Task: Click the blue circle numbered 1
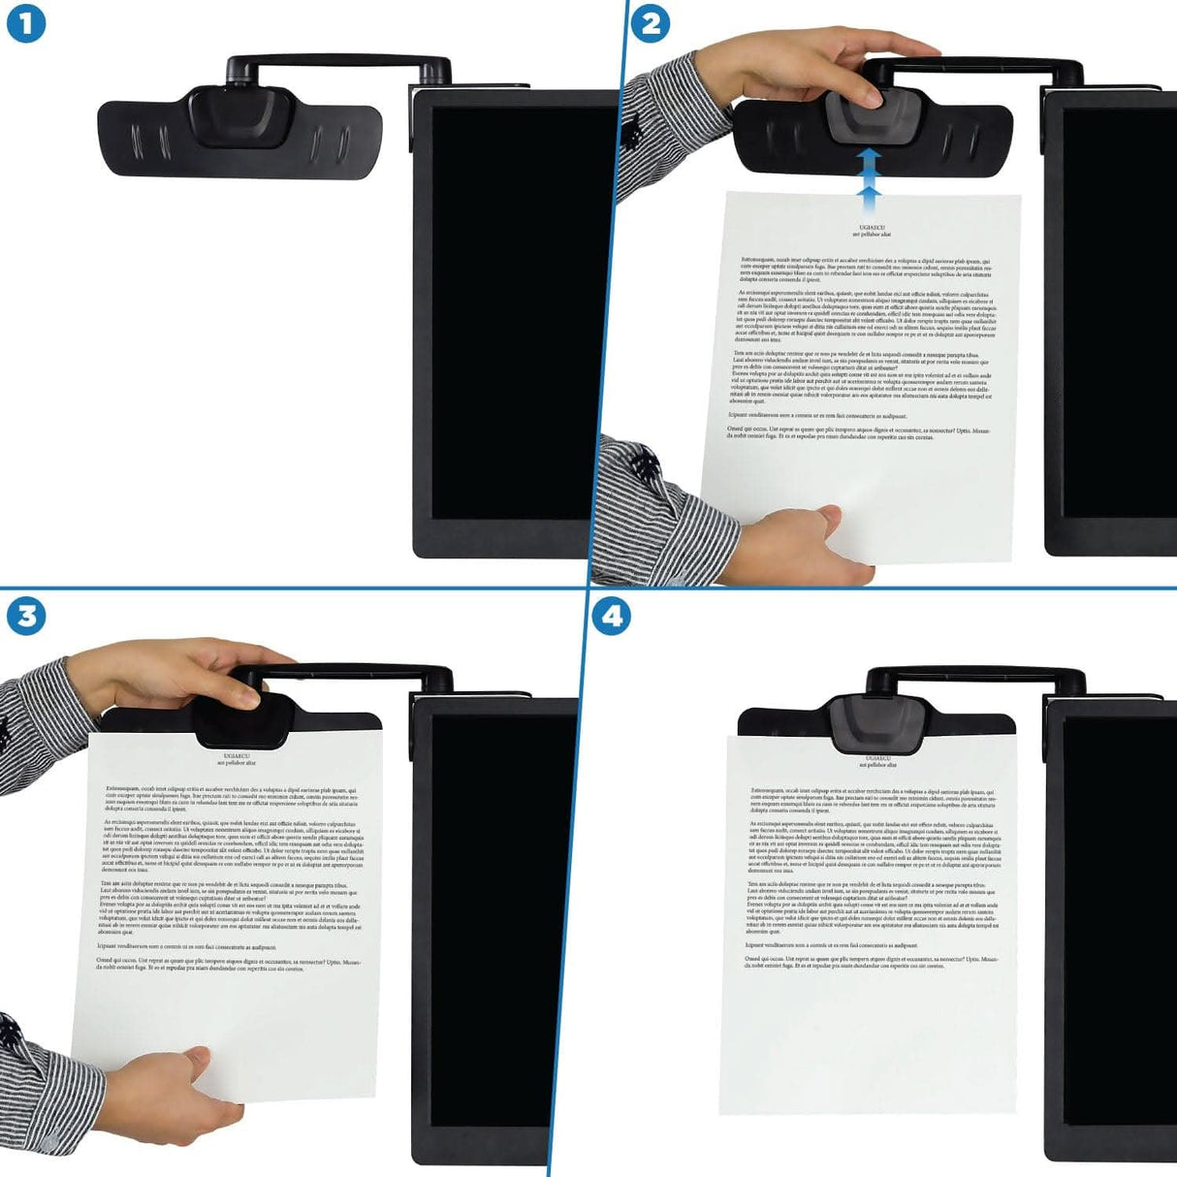pos(26,23)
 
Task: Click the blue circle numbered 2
pos(651,23)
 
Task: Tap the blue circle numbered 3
pos(26,616)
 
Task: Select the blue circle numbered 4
pos(611,616)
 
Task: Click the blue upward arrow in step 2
pos(869,175)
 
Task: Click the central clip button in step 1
pos(240,114)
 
